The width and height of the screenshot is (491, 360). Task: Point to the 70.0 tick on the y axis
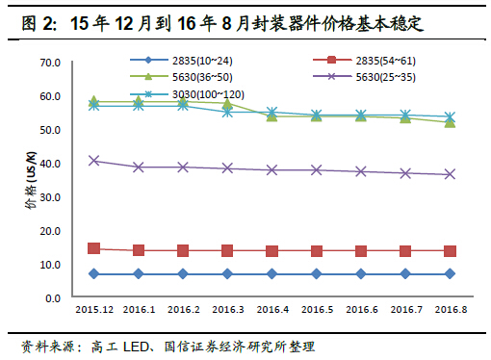50,63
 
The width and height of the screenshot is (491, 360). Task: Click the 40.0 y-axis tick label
50,164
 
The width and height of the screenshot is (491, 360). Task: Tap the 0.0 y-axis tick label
53,298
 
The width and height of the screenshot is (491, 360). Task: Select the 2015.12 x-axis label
94,310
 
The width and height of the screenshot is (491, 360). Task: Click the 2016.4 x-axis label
272,310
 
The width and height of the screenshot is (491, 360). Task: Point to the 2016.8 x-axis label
450,310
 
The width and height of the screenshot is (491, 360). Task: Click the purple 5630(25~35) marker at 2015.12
94,161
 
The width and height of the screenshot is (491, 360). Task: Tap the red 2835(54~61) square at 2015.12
94,248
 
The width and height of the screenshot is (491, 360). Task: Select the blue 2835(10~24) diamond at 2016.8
450,274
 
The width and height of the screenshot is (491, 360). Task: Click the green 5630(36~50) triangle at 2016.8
450,122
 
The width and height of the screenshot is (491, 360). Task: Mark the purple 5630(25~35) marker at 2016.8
450,174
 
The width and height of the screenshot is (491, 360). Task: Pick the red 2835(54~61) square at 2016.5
317,251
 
